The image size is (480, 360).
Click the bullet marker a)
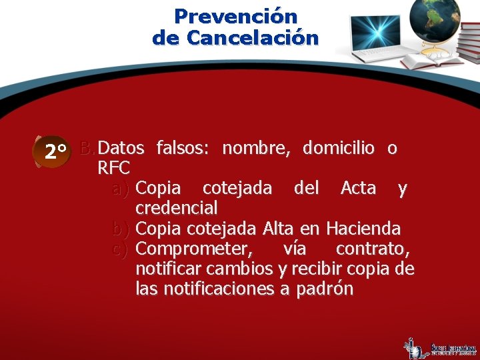(121, 189)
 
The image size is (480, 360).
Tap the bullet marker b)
(121, 229)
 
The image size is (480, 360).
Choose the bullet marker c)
(121, 249)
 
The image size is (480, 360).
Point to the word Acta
(358, 189)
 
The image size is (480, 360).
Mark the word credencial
(177, 209)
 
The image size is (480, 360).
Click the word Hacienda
(363, 229)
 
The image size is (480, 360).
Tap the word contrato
(373, 249)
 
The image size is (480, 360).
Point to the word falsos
(183, 148)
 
